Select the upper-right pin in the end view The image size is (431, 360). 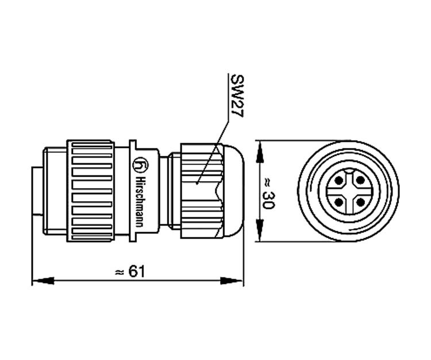pos(360,181)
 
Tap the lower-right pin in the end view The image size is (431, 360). pos(360,202)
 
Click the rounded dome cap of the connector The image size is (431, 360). pos(233,191)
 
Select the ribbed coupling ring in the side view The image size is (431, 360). pos(90,190)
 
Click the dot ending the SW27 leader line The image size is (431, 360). pos(197,184)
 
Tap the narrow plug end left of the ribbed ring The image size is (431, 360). pos(36,190)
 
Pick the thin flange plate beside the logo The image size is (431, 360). pos(133,190)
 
